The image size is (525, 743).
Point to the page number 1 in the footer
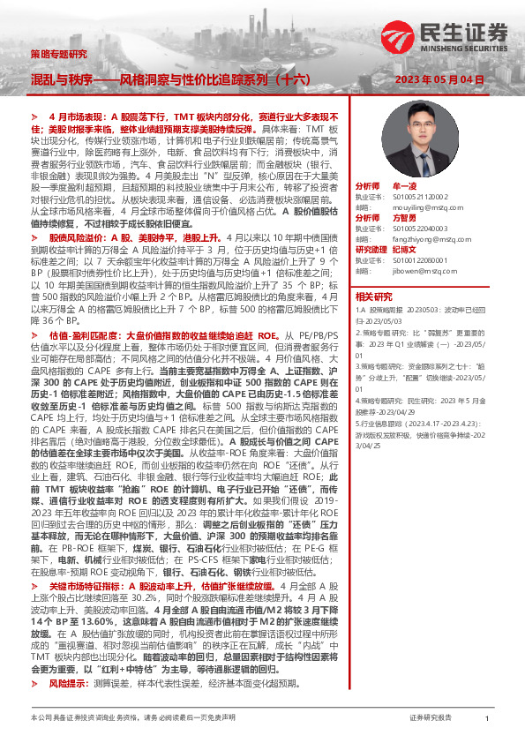(487, 718)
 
